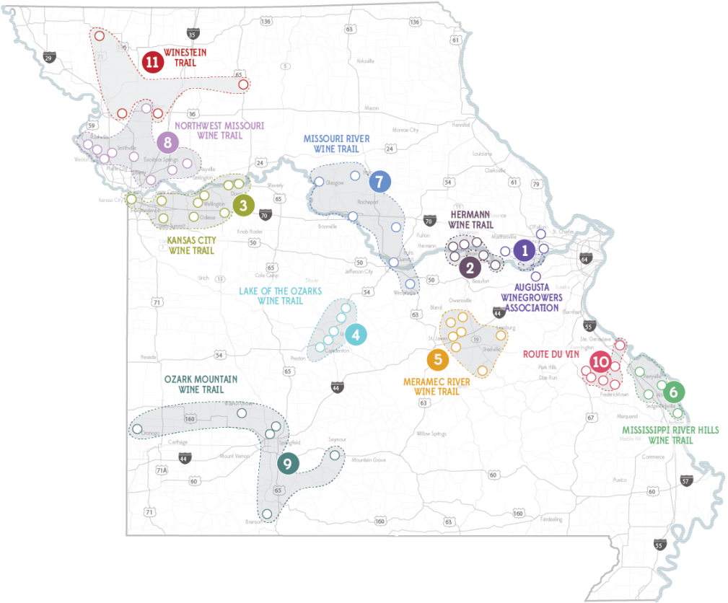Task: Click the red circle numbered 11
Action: point(152,63)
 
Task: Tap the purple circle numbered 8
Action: point(167,143)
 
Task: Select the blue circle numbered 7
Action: point(380,182)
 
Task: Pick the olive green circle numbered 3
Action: point(243,206)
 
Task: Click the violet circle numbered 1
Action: point(525,250)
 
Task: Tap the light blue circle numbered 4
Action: point(356,335)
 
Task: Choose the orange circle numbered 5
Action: point(437,359)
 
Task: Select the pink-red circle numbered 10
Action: point(600,362)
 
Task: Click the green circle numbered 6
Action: point(673,392)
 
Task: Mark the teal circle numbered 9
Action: point(287,464)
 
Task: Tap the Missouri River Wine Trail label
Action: point(336,144)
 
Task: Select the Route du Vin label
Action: point(551,354)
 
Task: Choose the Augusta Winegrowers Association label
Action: point(531,297)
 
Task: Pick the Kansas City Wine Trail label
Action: point(191,245)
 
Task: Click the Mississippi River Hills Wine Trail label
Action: point(670,434)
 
